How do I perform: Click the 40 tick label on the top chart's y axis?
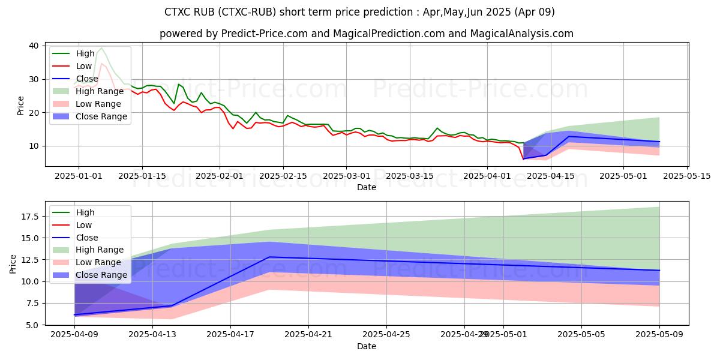pyautogui.click(x=34, y=46)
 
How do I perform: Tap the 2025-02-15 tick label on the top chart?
pyautogui.click(x=283, y=176)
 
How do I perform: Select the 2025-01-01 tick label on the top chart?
pyautogui.click(x=78, y=176)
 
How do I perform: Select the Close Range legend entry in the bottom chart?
pyautogui.click(x=101, y=275)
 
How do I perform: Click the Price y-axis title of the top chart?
pyautogui.click(x=20, y=106)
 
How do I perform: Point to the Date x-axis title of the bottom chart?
pyautogui.click(x=367, y=346)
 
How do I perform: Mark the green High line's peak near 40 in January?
pyautogui.click(x=101, y=48)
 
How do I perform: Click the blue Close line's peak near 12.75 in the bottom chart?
pyautogui.click(x=269, y=257)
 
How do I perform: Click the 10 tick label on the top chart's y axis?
pyautogui.click(x=34, y=146)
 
